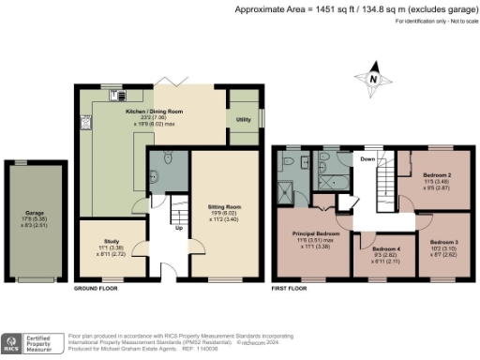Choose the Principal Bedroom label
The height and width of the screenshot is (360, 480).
[x=313, y=232]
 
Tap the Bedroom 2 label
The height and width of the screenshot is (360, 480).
[x=437, y=175]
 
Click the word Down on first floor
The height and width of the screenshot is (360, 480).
[x=368, y=159]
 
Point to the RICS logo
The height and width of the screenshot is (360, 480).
[x=14, y=342]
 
